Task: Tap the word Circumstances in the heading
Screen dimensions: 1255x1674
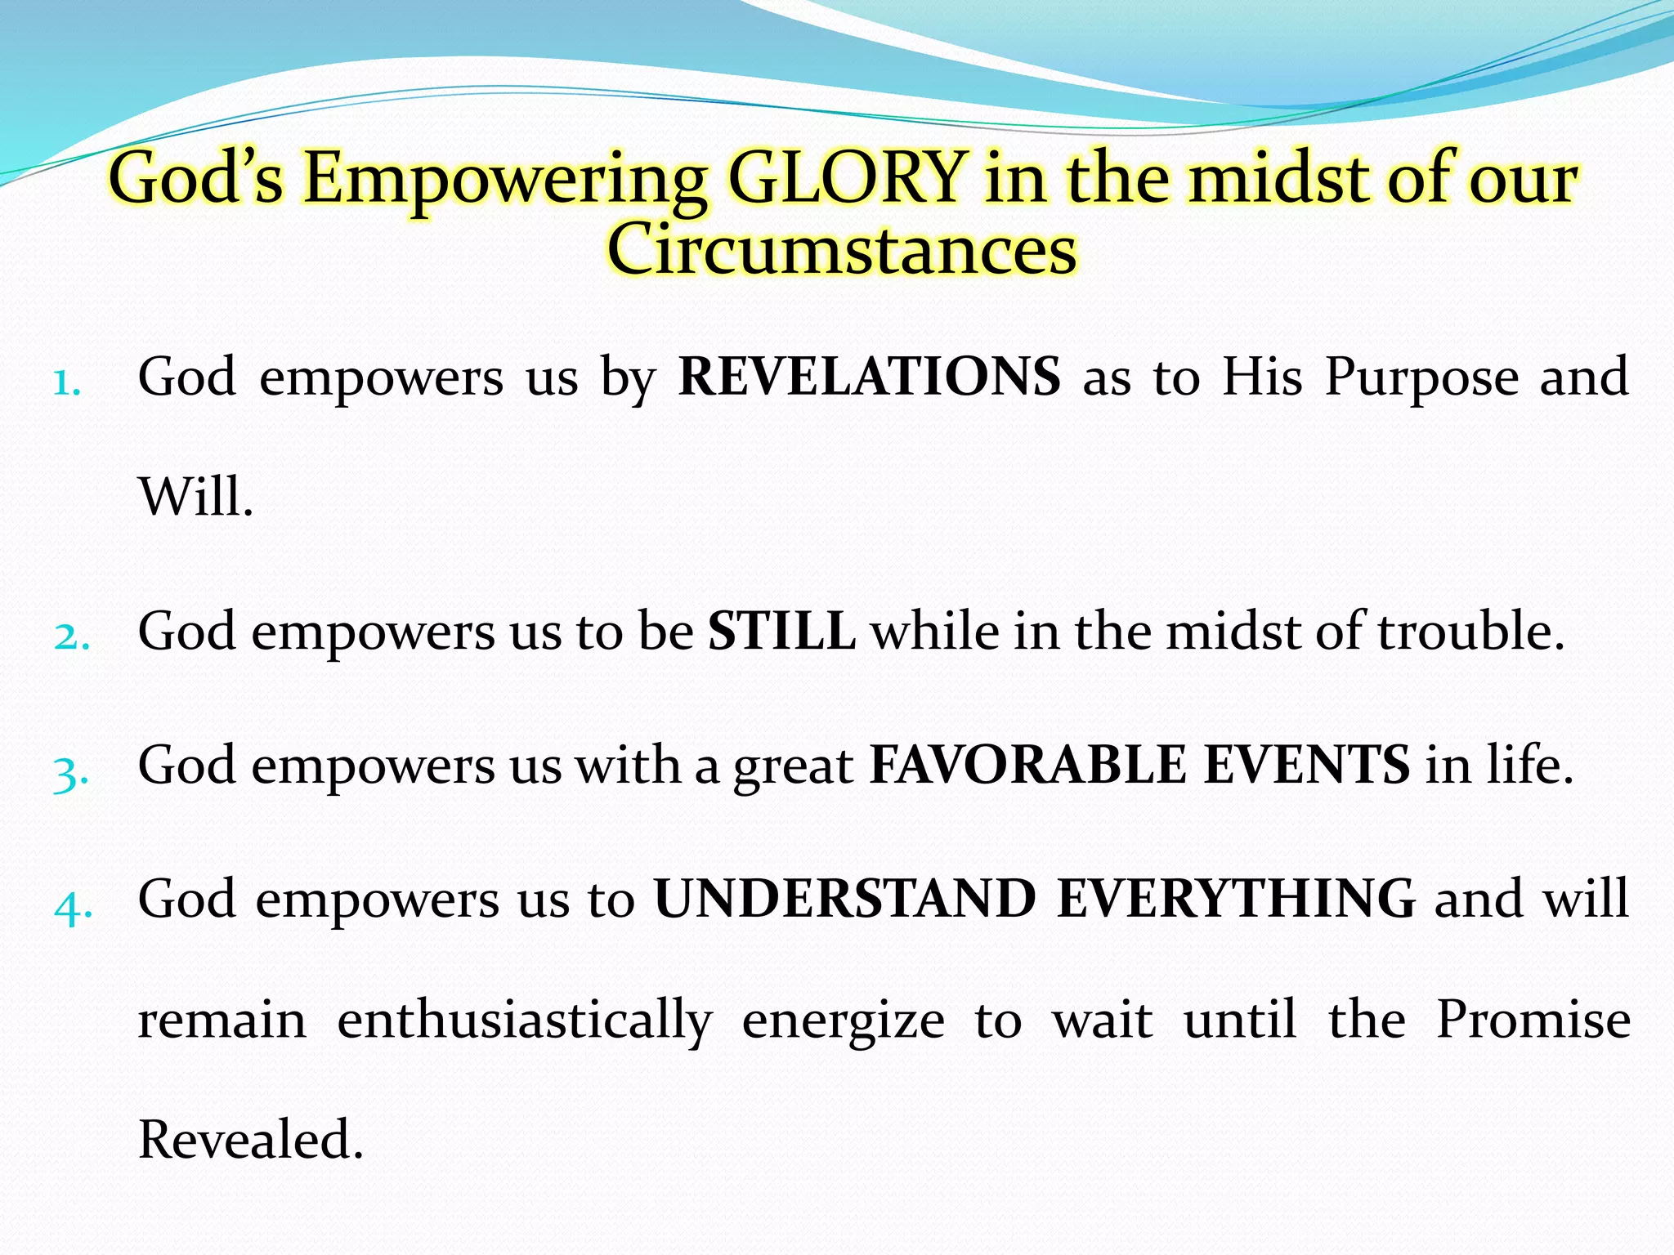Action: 841,248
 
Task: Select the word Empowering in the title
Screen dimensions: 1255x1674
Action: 504,180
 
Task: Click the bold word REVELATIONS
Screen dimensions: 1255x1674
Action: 869,377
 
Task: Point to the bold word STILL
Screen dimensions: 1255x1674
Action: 781,632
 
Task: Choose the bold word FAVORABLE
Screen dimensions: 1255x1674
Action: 1027,766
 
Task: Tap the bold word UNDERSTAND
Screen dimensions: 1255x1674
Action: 844,899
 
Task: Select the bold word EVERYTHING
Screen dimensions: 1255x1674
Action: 1236,899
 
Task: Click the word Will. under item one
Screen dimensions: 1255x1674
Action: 195,497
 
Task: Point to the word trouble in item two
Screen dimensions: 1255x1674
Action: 1470,632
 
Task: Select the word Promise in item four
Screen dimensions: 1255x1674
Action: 1533,1020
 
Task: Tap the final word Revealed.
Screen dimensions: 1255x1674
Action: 250,1139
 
